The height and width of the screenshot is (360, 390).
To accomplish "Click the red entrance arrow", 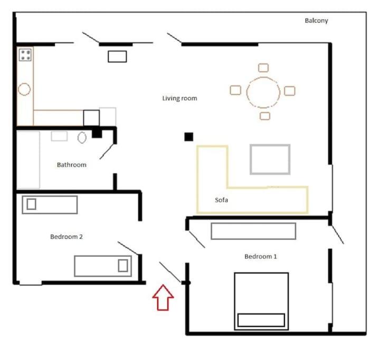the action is (163, 297).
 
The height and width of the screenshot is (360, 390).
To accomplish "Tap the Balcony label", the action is (316, 21).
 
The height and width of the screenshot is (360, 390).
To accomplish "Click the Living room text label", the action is (179, 99).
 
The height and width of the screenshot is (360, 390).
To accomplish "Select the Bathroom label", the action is (72, 165).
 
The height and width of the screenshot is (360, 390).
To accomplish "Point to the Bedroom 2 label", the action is (66, 237).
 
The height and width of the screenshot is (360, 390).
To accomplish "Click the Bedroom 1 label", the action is (261, 256).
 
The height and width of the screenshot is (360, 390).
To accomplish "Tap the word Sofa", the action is (221, 200).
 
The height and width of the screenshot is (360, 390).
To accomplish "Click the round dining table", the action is (263, 77).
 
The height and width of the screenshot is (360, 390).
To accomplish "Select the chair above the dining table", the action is (263, 67).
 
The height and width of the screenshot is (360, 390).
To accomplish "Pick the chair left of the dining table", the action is (235, 90).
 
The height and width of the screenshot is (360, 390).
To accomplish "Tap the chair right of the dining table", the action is (290, 91).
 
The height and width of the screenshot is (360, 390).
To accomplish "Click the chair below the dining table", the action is (265, 116).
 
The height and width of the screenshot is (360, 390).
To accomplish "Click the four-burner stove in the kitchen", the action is (25, 55).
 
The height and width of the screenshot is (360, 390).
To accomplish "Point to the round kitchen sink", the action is (24, 89).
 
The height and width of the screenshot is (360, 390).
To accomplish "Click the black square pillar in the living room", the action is (189, 137).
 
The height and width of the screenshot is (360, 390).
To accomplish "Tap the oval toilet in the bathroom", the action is (82, 138).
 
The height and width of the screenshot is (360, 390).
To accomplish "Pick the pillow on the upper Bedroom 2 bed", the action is (31, 204).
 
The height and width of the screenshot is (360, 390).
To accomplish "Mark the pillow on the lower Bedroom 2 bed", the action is (123, 266).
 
